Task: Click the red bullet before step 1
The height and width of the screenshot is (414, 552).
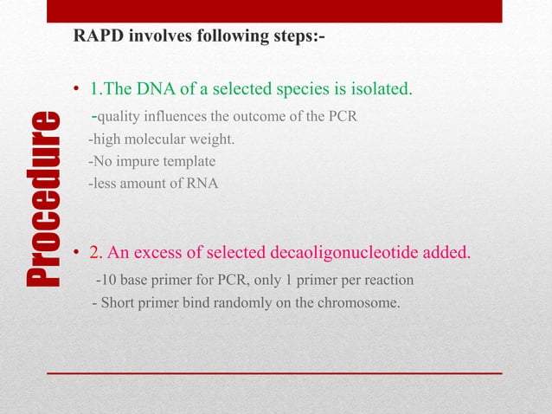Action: pyautogui.click(x=77, y=91)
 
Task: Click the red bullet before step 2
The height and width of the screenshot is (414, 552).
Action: pyautogui.click(x=77, y=254)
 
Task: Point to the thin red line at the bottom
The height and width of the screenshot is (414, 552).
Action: pyautogui.click(x=273, y=372)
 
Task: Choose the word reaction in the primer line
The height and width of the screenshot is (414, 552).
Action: pyautogui.click(x=388, y=281)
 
